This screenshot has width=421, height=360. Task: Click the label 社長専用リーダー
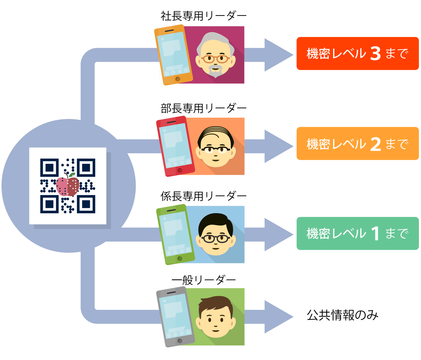[x=203, y=16]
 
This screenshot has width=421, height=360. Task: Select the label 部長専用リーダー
[x=203, y=108]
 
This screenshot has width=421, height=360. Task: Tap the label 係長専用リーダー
[x=203, y=196]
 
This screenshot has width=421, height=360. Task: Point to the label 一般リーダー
[x=203, y=280]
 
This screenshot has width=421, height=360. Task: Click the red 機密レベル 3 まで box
[x=357, y=53]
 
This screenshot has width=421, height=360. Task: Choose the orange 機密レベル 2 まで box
[x=357, y=143]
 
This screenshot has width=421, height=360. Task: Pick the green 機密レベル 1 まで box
[x=357, y=233]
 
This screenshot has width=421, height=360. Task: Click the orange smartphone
[x=173, y=55]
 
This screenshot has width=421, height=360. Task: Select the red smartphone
[x=175, y=146]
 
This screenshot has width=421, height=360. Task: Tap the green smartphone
[x=175, y=234]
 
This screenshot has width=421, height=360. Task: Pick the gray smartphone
[x=175, y=317]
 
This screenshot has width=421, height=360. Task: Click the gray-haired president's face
[x=216, y=55]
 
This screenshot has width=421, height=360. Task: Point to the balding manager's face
[x=216, y=147]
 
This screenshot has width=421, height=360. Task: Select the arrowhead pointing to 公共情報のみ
[x=279, y=317]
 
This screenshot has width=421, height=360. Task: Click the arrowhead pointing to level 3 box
[x=279, y=55]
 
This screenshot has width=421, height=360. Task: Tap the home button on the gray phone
[x=180, y=341]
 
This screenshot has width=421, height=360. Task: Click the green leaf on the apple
[x=72, y=175]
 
